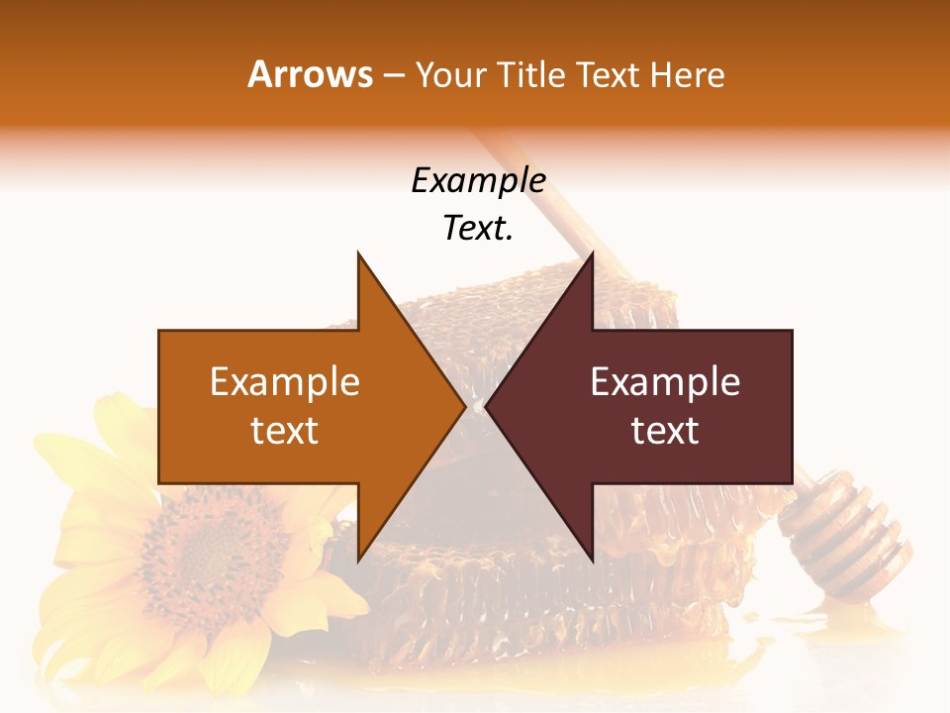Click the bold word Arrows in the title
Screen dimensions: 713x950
click(310, 74)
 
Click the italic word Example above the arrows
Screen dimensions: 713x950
click(478, 180)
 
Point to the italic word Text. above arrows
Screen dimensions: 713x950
click(478, 228)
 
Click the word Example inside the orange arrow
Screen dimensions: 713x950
click(285, 382)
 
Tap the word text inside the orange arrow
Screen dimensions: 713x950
click(285, 431)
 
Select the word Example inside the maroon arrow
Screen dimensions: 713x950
click(665, 382)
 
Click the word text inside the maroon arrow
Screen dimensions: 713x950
click(665, 431)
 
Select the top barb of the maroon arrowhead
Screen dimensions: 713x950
click(591, 259)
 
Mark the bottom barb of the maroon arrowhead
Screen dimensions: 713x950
click(591, 555)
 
